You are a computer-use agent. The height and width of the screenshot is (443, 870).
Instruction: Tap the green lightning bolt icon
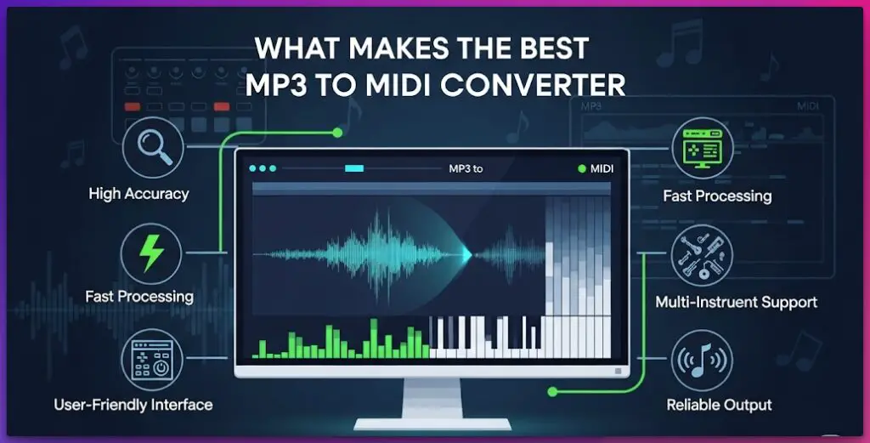click(x=150, y=253)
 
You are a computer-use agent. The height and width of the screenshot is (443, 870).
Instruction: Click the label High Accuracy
click(x=138, y=194)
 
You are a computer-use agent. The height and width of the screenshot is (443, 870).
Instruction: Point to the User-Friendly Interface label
click(x=133, y=404)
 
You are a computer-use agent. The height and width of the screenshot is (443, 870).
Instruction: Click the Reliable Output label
click(x=719, y=405)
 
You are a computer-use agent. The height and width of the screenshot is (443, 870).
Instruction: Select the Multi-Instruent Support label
click(x=736, y=302)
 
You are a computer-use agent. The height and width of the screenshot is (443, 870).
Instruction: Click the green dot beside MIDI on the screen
click(x=582, y=169)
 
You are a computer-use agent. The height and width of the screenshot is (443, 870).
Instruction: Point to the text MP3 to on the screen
click(x=466, y=169)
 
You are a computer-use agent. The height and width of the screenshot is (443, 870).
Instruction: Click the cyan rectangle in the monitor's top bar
click(x=354, y=168)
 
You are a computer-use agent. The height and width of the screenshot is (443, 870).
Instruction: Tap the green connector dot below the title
click(x=337, y=133)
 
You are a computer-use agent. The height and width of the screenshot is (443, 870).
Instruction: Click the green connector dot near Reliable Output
click(x=553, y=392)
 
